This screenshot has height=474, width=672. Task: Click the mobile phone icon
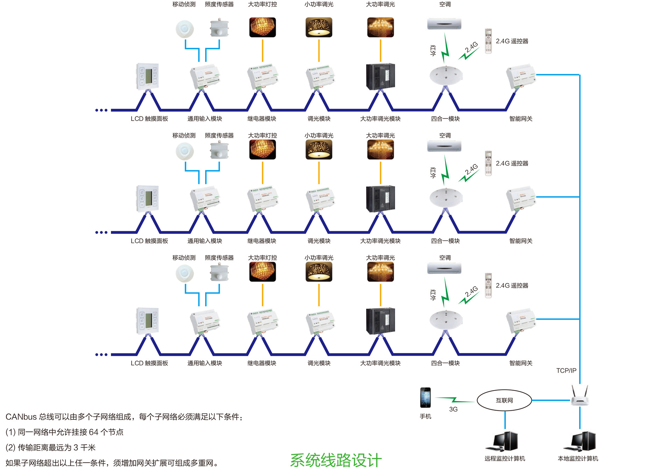click(425, 397)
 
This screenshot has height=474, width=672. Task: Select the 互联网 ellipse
click(504, 400)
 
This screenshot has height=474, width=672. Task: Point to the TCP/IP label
click(566, 371)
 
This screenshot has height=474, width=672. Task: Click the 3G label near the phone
click(453, 409)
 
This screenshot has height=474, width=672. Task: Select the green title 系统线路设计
click(336, 460)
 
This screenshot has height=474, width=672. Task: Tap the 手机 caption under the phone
click(425, 416)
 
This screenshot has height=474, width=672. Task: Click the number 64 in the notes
click(93, 432)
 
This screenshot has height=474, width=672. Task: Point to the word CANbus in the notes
click(21, 417)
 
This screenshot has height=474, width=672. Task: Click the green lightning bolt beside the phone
click(454, 400)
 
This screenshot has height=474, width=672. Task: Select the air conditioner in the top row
click(444, 24)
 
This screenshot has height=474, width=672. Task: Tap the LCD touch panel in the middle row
click(147, 198)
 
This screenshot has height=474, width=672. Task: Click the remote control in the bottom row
click(488, 285)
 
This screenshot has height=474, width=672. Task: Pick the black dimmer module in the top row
click(380, 77)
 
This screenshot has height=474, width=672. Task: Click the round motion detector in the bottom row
click(184, 273)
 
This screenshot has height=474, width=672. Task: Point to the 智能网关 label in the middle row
click(520, 241)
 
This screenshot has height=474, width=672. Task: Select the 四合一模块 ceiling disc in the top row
click(446, 75)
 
